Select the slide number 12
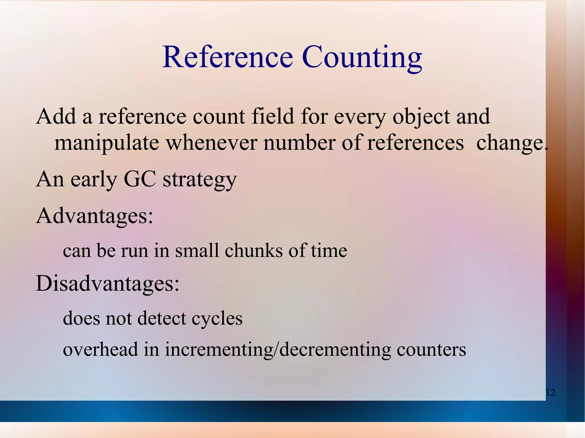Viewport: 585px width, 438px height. (x=550, y=393)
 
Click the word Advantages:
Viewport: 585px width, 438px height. (x=95, y=216)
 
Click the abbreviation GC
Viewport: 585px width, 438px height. (x=140, y=179)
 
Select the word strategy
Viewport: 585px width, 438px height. (x=200, y=180)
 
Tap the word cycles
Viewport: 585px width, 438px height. (x=217, y=318)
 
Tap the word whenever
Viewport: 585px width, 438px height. (x=211, y=143)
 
